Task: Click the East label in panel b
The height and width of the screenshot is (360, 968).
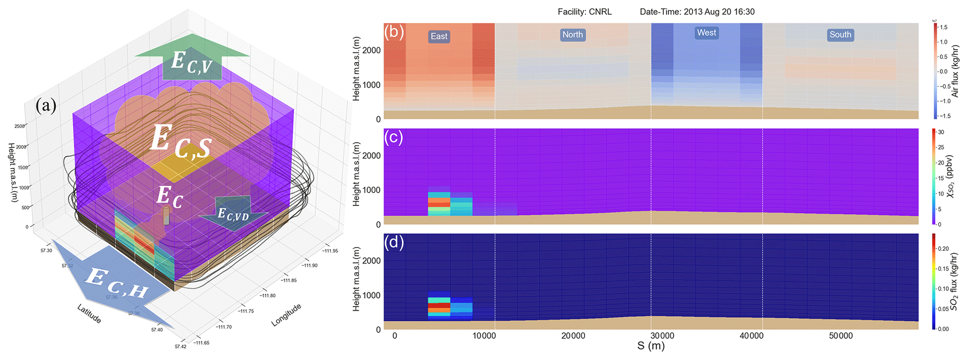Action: [439, 37]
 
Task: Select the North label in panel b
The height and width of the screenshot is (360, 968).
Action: [572, 35]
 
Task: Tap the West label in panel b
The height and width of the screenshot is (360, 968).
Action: [706, 33]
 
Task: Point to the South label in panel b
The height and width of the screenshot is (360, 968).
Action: [840, 35]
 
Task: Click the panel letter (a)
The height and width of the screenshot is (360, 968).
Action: [46, 106]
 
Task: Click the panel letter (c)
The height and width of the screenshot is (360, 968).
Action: [393, 137]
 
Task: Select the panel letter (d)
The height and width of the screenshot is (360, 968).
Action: [393, 242]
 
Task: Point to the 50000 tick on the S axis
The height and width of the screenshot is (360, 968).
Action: [841, 336]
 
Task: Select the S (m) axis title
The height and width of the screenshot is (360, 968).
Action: [650, 347]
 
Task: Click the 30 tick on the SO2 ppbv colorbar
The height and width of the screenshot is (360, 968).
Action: [941, 132]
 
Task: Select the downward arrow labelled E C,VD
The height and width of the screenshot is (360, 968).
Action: [233, 213]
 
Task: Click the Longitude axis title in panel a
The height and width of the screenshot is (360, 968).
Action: [286, 315]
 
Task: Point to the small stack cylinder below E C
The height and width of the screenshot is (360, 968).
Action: [166, 216]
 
